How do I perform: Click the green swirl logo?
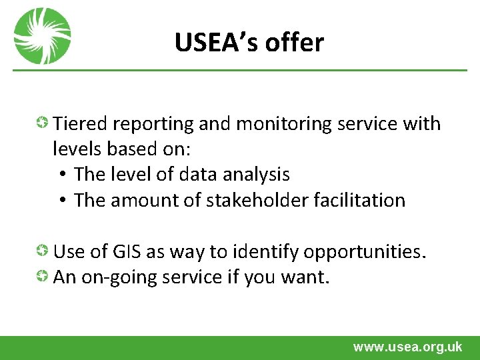(43, 36)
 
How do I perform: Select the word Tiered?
(81, 123)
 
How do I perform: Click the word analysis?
(257, 175)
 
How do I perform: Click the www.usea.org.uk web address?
(407, 347)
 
